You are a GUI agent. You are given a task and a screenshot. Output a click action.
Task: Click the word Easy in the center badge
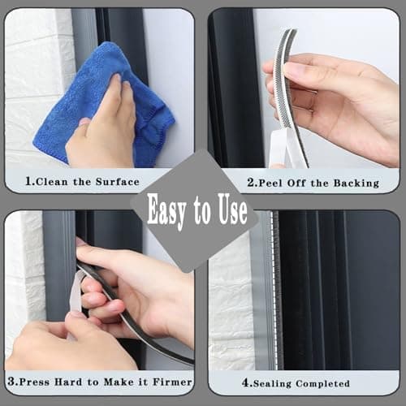tap(170, 211)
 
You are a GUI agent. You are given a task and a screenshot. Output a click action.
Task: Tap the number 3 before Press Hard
tap(11, 381)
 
